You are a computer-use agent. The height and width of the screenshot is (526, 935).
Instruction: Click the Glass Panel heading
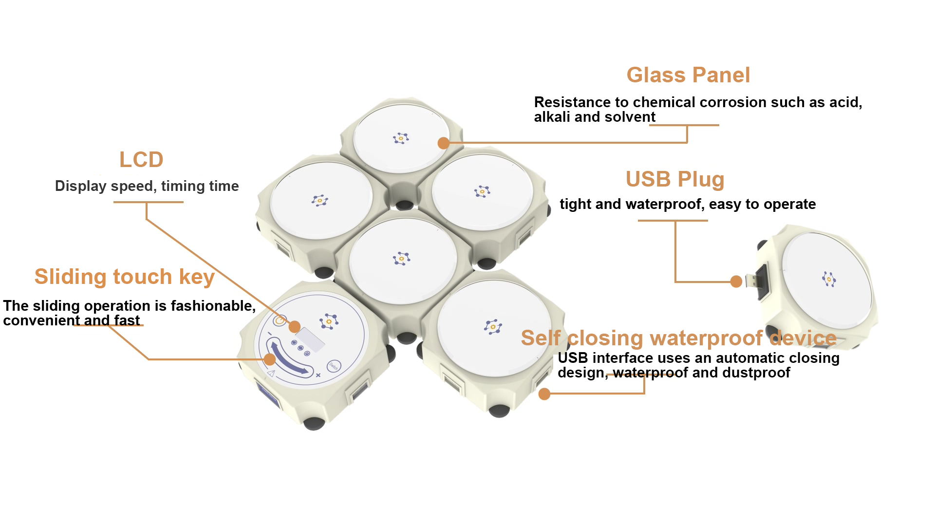[688, 75]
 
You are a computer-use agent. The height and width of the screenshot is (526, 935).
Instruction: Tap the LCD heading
[141, 160]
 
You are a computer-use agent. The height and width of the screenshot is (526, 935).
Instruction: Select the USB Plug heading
[675, 179]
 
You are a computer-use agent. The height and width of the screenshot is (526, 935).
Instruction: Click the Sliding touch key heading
[124, 277]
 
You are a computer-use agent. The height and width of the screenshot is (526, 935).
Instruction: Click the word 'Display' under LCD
[80, 186]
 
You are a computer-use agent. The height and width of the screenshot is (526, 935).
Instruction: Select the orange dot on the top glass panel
[443, 143]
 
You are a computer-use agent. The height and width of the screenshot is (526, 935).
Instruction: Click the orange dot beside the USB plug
[736, 281]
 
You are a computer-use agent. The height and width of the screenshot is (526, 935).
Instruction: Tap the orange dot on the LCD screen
[295, 326]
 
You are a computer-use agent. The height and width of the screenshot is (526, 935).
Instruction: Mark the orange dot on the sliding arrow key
[269, 359]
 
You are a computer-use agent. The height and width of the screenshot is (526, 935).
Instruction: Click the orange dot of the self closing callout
[544, 394]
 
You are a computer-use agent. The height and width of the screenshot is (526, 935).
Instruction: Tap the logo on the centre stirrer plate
[402, 258]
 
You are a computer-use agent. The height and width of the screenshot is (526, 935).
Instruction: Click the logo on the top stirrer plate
[401, 138]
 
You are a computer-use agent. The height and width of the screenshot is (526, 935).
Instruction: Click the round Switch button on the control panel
[334, 365]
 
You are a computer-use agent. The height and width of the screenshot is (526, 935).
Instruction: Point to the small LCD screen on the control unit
[310, 339]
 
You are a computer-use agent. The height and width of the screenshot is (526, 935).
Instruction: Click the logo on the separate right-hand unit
[829, 279]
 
